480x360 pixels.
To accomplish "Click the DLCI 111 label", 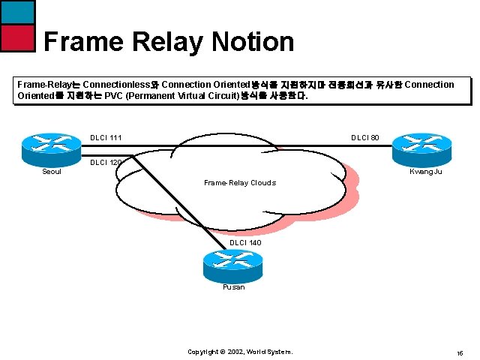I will coord(106,138).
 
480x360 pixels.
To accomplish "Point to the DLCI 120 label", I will coord(106,163).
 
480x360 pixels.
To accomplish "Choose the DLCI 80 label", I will coord(365,138).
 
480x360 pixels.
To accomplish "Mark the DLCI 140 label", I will coord(245,242).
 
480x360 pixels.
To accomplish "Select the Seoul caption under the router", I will coord(52,172).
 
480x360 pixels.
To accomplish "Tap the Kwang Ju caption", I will coord(424,172).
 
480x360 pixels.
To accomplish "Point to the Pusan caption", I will coord(233,286).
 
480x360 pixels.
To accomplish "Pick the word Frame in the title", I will coord(80,41).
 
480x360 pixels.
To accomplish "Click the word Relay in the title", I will coord(160,41).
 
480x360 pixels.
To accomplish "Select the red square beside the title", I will coord(17,37).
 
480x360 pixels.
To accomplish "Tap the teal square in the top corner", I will coord(17,11).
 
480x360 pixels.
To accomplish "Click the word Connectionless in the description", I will coord(119,85).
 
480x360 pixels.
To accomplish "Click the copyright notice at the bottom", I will coord(240,352).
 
